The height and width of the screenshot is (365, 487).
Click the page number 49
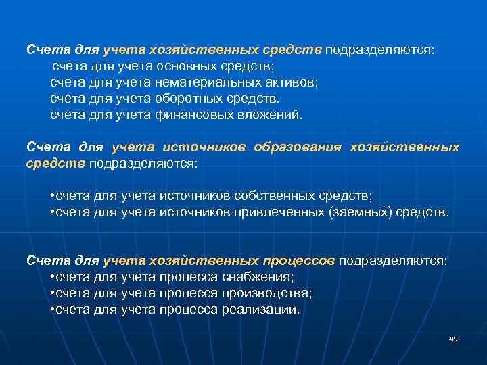[453, 339]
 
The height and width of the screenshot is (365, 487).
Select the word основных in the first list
[183, 66]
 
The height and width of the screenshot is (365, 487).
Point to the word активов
[290, 82]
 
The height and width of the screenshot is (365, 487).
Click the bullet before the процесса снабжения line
[53, 277]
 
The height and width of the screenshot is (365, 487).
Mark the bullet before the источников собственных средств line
[53, 196]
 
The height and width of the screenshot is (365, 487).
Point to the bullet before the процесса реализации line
[53, 310]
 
